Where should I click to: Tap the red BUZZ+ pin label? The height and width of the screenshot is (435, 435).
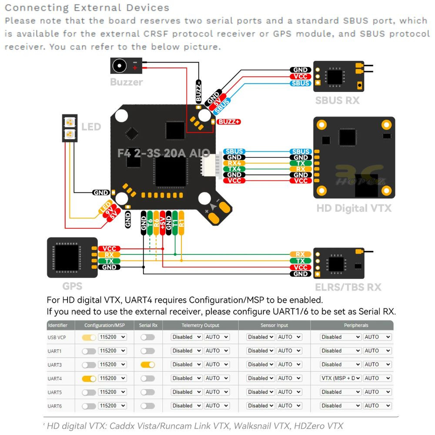[229, 122]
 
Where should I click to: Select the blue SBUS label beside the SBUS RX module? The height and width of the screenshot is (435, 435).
[300, 83]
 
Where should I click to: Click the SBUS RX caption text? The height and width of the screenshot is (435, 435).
[337, 100]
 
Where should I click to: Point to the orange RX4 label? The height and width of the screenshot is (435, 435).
[234, 163]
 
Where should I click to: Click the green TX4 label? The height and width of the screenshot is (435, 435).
[234, 169]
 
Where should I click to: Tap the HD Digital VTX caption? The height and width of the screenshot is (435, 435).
[354, 208]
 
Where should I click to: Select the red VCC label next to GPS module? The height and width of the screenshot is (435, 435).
[109, 249]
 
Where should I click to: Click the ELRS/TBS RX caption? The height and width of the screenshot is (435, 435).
[348, 287]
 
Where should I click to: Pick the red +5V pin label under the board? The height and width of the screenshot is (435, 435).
[163, 223]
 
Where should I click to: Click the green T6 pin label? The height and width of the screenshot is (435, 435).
[150, 223]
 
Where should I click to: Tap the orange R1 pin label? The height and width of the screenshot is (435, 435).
[181, 223]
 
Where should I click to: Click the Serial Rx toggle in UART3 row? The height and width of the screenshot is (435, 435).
[147, 365]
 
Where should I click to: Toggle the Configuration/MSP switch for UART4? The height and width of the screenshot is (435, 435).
[89, 378]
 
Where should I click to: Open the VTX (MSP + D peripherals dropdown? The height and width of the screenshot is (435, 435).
[341, 378]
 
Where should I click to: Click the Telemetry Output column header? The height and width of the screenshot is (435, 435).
[200, 325]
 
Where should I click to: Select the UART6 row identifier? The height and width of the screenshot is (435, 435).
[55, 406]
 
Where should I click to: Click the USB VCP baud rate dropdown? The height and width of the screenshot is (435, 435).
[112, 337]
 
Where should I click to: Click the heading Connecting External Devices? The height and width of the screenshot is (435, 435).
[87, 8]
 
